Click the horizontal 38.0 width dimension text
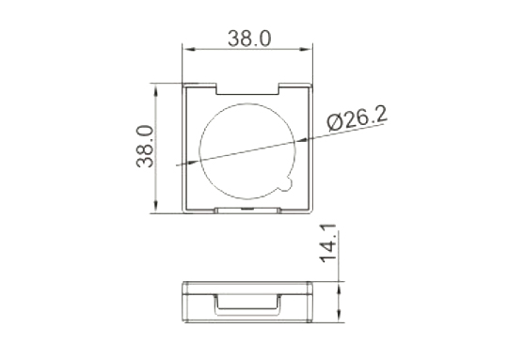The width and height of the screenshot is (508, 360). click(249, 39)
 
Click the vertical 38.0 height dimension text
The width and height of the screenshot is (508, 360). click(145, 147)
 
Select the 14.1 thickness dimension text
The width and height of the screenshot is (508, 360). click(328, 243)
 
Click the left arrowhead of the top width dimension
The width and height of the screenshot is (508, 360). click(189, 49)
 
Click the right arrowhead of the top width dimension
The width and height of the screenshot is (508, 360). click(305, 49)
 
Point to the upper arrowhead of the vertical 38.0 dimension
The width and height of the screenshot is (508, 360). click(156, 89)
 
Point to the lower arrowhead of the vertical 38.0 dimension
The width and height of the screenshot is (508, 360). click(156, 207)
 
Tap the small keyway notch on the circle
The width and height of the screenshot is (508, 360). click(287, 183)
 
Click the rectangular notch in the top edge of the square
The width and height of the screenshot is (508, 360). click(247, 89)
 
